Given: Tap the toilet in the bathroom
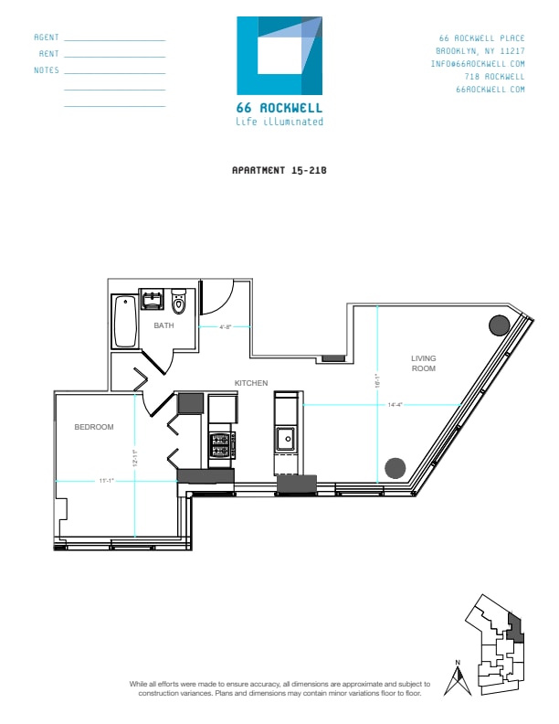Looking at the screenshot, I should (x=178, y=302).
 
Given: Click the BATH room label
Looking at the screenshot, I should (x=163, y=325).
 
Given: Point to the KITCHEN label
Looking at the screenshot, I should (x=250, y=383).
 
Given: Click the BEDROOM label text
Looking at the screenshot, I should (x=93, y=427).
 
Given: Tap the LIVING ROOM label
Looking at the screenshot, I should (x=423, y=363).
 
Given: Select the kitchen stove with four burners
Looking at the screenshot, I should (x=221, y=444).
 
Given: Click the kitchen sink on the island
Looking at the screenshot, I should (x=286, y=439).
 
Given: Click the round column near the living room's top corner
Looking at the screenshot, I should (x=499, y=325).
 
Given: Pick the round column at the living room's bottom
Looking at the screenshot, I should (x=394, y=467).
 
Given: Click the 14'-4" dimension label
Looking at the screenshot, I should (x=396, y=403).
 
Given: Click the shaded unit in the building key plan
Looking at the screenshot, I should (x=513, y=628).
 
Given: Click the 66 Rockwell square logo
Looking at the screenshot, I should (x=279, y=56).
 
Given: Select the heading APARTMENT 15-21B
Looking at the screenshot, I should (x=279, y=170).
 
